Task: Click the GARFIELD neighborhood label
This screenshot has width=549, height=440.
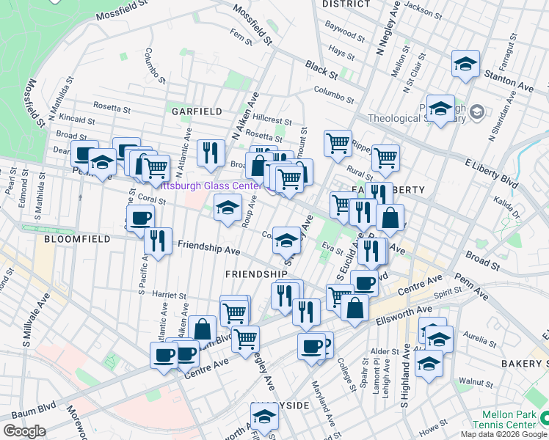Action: [197, 111]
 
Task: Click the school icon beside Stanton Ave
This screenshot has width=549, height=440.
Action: [465, 65]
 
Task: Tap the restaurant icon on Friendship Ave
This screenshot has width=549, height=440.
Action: [158, 241]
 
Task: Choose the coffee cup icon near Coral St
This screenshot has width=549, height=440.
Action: [140, 218]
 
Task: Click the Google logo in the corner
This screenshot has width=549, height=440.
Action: [24, 431]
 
